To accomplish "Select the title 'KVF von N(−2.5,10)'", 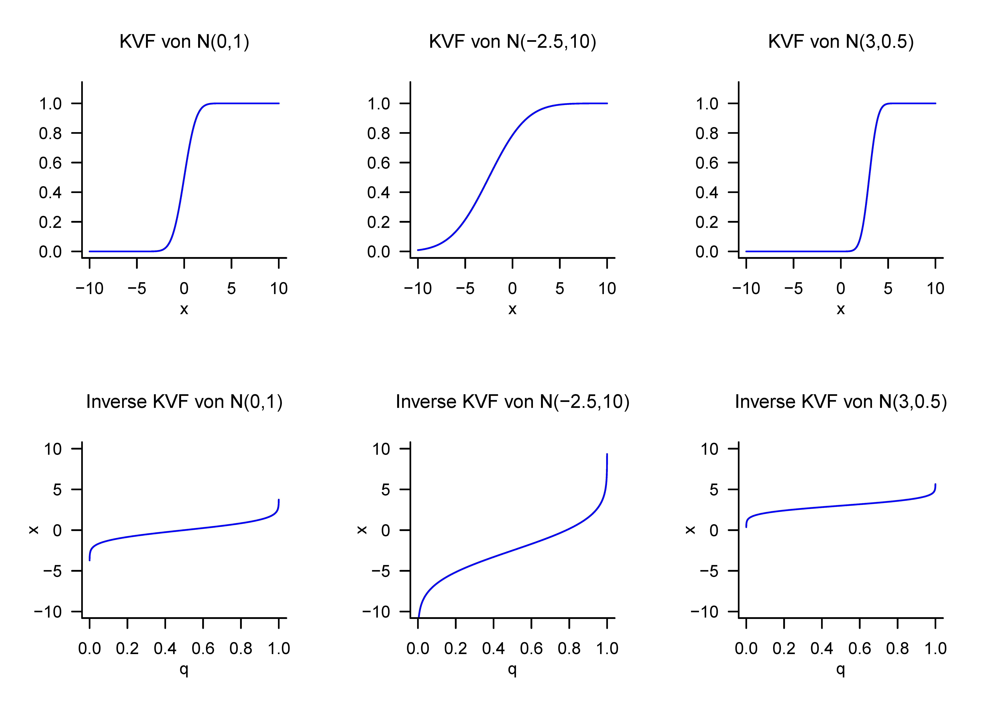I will click(x=512, y=42).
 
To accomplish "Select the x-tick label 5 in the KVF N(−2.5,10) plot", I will click(x=560, y=289).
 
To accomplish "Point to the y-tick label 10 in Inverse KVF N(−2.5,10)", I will click(x=381, y=449).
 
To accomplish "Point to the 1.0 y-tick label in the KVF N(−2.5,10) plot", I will click(x=379, y=104).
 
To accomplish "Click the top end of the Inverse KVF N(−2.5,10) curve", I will click(x=607, y=455).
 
